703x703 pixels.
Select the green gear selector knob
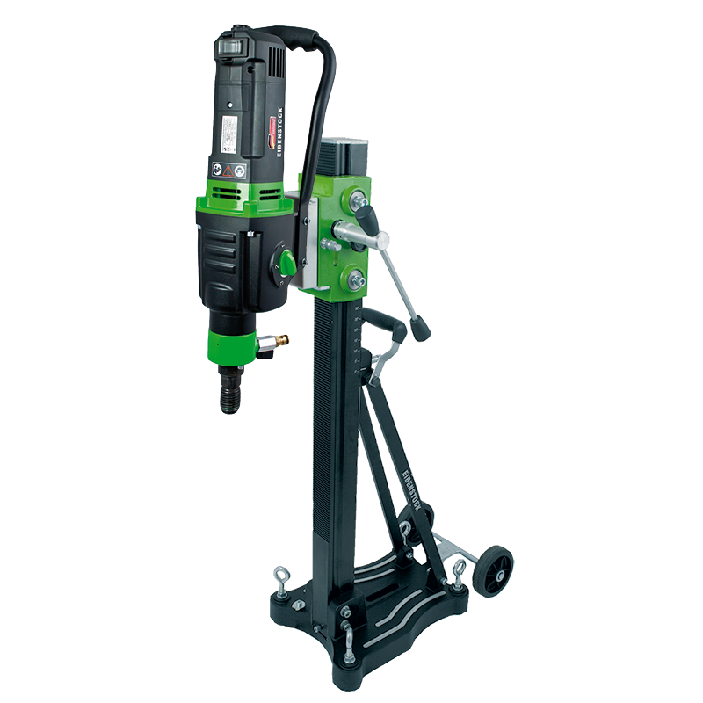[286, 262]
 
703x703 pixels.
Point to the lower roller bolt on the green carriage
[357, 280]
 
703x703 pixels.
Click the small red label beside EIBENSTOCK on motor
[270, 134]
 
